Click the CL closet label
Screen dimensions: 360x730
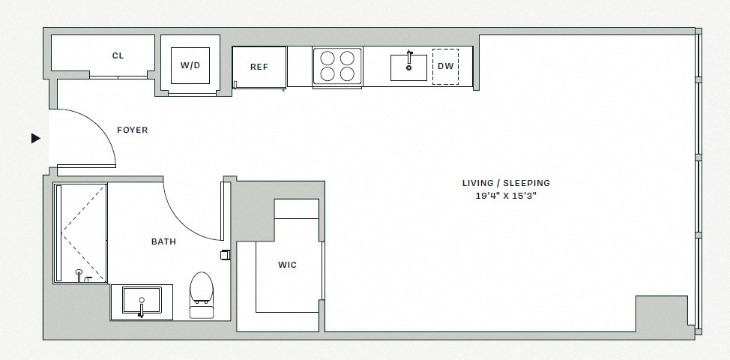[x=118, y=55]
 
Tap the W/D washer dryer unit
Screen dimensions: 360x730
[x=190, y=65]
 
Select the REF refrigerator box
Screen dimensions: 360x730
[x=259, y=67]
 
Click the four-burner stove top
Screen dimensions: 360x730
[x=337, y=66]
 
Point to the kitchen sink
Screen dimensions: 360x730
[x=408, y=67]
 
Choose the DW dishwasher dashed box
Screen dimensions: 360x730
[x=445, y=66]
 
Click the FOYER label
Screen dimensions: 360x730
[x=133, y=130]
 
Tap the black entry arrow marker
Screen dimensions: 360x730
[x=35, y=138]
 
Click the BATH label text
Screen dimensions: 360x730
[x=163, y=241]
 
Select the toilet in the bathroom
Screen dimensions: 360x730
[x=201, y=293]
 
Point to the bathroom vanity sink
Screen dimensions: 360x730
[x=141, y=301]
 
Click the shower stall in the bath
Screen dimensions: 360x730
[x=79, y=232]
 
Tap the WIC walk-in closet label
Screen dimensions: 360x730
[x=287, y=265]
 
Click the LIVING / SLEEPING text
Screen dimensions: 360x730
[x=506, y=183]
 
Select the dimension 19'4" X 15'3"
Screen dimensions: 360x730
[x=506, y=196]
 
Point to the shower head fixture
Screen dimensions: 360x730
[x=79, y=273]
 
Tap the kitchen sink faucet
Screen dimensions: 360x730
[x=408, y=57]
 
